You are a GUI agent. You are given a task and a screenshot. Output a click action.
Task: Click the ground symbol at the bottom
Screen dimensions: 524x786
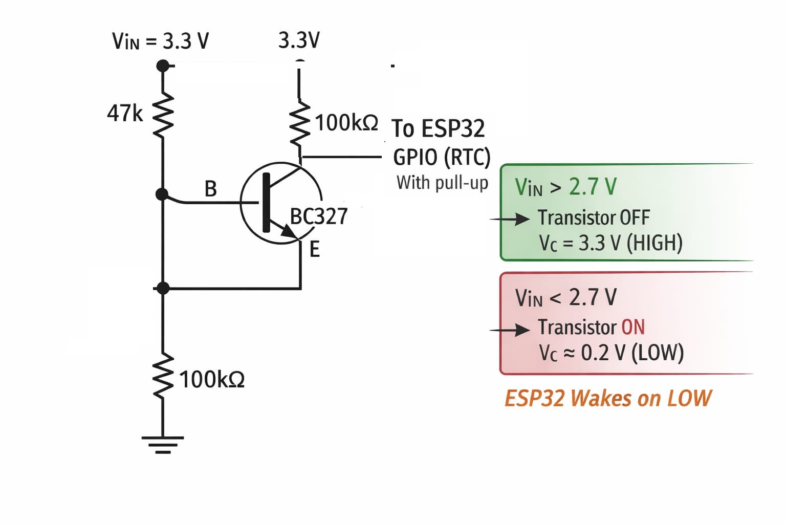(163, 444)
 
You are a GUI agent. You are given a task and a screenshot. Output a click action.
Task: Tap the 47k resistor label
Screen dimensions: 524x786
(124, 113)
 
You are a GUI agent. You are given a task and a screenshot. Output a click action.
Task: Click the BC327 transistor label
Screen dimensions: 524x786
(319, 216)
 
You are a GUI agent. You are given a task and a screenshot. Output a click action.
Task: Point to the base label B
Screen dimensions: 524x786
(210, 189)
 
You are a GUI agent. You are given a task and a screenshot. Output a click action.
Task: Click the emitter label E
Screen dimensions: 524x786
(314, 250)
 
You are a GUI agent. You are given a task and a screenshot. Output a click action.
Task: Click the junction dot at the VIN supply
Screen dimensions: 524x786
(163, 65)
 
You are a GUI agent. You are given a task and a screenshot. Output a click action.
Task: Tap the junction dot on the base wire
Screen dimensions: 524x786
(162, 194)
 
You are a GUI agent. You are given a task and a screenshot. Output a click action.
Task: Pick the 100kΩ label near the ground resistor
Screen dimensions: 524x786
(212, 380)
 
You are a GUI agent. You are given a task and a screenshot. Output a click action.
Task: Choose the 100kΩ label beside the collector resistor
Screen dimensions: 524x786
(346, 123)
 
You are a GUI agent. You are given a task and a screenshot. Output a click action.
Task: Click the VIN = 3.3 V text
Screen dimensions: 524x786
(160, 41)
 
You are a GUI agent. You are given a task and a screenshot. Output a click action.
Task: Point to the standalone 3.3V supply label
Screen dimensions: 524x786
(299, 40)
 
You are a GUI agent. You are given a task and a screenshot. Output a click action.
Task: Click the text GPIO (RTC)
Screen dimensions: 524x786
(442, 157)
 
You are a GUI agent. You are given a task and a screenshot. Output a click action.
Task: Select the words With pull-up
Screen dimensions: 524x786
(442, 182)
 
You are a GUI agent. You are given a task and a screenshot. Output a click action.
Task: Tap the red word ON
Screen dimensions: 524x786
(632, 327)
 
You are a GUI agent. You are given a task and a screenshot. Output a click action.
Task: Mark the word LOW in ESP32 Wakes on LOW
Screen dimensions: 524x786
(689, 398)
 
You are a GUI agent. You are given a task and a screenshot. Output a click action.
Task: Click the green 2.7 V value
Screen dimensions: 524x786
(593, 187)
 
